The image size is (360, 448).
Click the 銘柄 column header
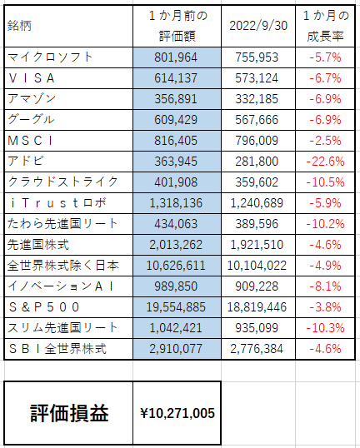19,26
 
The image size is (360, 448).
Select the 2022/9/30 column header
258,26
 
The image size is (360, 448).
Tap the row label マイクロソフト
50,57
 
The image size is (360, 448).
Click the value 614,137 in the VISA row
176,78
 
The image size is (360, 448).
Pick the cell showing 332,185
257,99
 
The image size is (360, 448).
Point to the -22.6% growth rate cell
325,162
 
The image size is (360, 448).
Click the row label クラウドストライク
62,182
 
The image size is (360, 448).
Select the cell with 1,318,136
176,203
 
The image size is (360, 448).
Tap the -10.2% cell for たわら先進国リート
325,224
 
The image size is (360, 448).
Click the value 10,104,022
257,266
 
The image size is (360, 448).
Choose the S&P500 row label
43,307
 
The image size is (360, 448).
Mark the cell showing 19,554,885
176,307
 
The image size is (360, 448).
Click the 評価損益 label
69,413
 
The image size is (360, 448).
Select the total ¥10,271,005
177,413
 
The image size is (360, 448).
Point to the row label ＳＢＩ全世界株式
57,349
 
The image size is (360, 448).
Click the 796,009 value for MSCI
257,141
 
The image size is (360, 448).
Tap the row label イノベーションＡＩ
61,286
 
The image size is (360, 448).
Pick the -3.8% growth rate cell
325,307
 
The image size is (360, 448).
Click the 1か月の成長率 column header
326,26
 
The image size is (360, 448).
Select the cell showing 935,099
257,328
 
